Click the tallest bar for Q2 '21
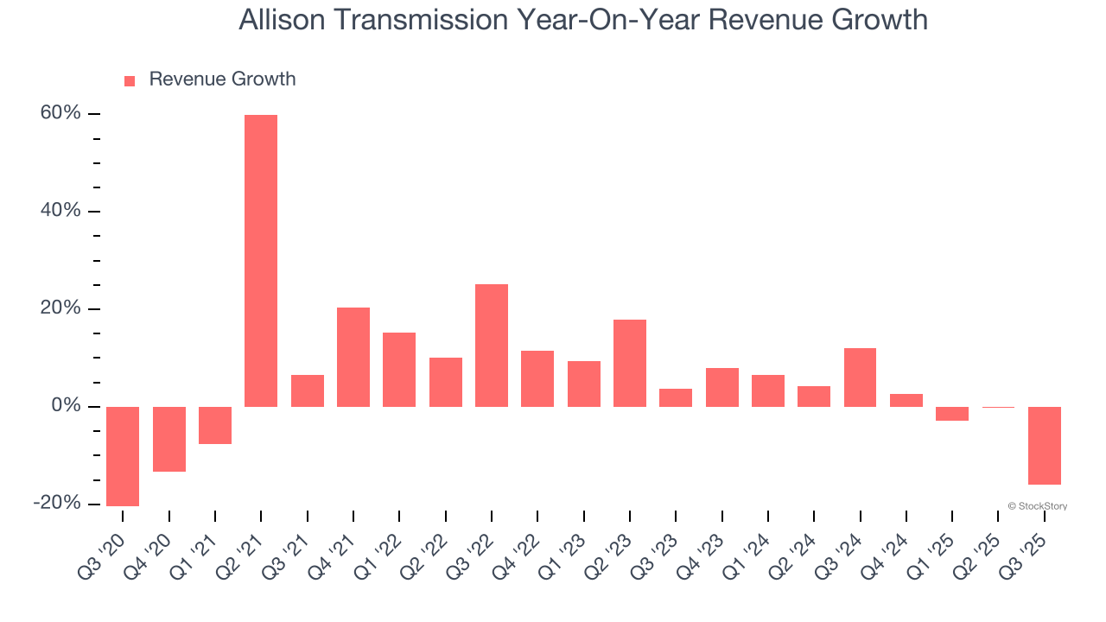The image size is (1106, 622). [x=261, y=260]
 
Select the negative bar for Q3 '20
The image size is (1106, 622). [x=123, y=456]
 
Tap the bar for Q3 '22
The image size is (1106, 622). [x=492, y=346]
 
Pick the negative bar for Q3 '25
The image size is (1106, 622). [x=1045, y=446]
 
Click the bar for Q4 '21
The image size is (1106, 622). [x=353, y=357]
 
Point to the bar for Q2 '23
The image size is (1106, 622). [x=630, y=363]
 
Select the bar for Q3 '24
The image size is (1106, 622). [x=860, y=378]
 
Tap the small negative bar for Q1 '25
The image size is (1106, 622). [x=952, y=414]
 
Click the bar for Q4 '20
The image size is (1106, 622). [x=169, y=439]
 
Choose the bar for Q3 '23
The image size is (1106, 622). [x=676, y=397]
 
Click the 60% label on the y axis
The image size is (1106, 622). [x=60, y=114]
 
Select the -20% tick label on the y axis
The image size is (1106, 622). [x=57, y=504]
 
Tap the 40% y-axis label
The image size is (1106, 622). [x=60, y=212]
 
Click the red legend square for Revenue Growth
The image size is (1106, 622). [x=130, y=81]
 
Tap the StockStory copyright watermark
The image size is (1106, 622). [x=1037, y=506]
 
